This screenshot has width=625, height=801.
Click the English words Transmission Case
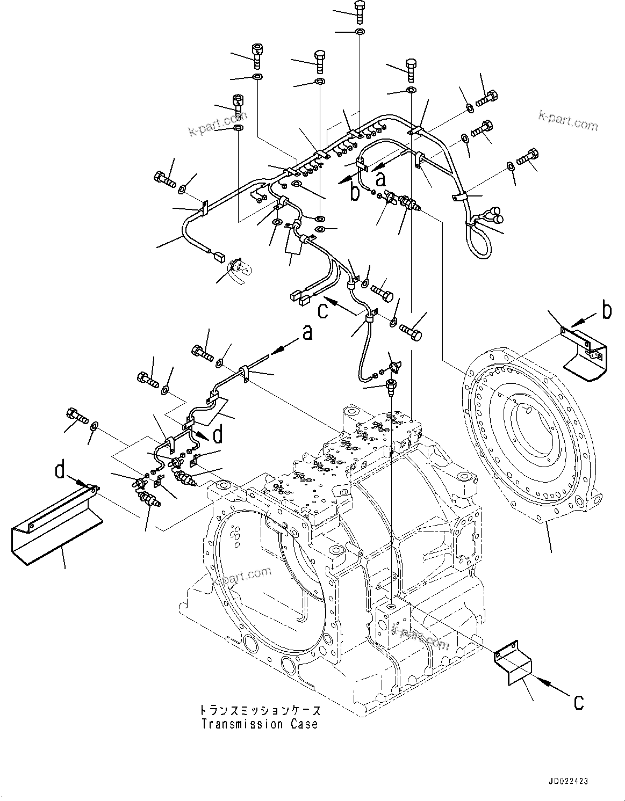click(x=260, y=724)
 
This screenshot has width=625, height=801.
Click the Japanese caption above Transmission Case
click(x=260, y=711)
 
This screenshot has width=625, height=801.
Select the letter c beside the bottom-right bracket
click(x=578, y=702)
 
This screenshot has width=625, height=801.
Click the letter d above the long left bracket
click(x=61, y=471)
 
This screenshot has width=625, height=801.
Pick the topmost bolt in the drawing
click(x=360, y=11)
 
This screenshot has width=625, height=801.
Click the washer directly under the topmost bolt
click(x=360, y=32)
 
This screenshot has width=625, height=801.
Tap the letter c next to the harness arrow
click(x=322, y=310)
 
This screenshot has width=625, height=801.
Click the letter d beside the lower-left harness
click(x=218, y=434)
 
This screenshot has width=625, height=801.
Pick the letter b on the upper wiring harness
click(x=355, y=192)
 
